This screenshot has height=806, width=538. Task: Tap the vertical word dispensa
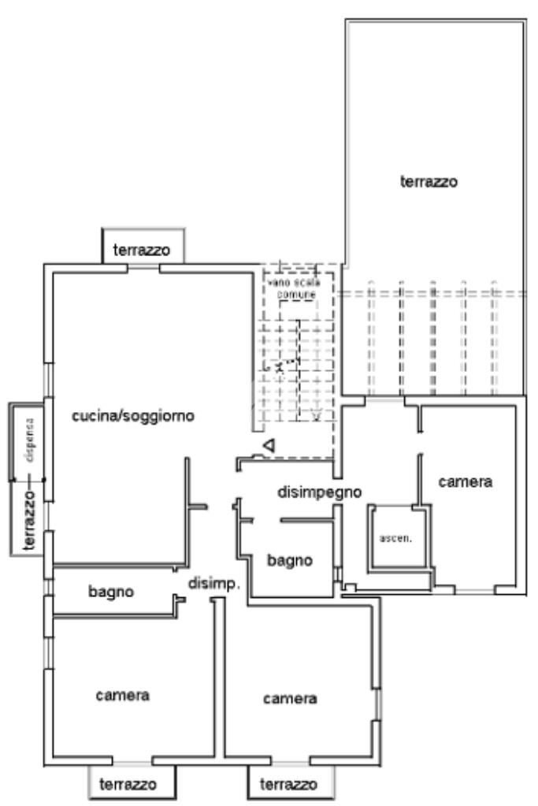click(29, 433)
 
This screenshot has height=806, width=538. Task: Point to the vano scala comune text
click(291, 287)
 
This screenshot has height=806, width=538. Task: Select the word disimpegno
click(319, 492)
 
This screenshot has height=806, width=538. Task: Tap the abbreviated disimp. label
click(213, 583)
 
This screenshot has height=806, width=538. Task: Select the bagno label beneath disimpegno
click(290, 560)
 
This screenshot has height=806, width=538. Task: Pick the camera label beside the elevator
click(465, 481)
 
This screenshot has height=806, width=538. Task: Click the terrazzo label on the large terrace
click(429, 181)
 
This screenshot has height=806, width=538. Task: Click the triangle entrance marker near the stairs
click(269, 447)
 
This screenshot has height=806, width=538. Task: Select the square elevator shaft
click(398, 538)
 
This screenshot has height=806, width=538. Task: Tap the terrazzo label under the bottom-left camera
click(128, 784)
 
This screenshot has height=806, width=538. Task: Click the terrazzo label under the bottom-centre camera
click(289, 785)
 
